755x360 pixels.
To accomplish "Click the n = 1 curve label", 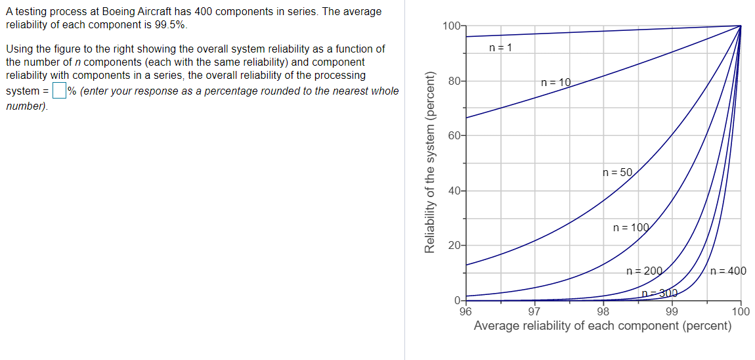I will point(501,47).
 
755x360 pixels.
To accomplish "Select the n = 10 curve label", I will point(555,83).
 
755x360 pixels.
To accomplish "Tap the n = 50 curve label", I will point(617,173).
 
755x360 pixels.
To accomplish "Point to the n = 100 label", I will point(630,228).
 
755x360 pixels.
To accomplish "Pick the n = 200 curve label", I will point(645,271).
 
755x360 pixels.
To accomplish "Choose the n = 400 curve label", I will point(728,271).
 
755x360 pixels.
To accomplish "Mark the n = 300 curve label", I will point(658,293).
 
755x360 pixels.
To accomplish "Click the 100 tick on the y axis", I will point(451,26).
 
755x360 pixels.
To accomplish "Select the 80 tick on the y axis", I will point(454,81).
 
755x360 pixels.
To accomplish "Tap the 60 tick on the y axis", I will point(454,136).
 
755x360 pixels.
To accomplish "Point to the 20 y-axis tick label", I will point(454,246).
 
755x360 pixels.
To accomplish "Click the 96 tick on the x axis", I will point(465,311).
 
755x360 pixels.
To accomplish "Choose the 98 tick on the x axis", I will point(603,311).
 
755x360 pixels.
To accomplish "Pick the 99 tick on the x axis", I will point(672,311).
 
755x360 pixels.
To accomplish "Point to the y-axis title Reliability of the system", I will point(431,162).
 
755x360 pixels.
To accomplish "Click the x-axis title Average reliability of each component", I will point(603,326).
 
